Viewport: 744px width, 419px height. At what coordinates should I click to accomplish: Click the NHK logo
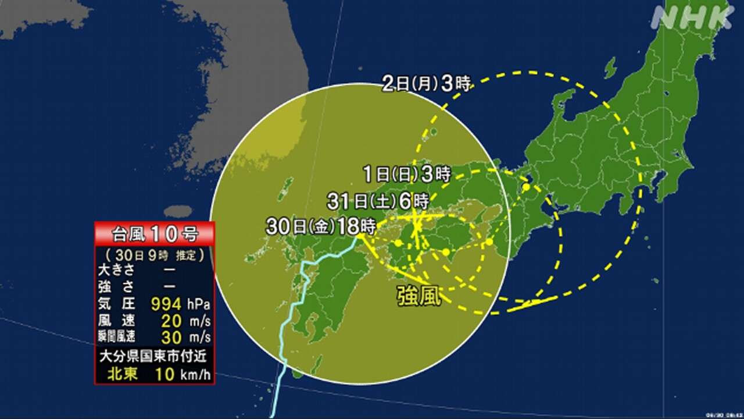click(692, 17)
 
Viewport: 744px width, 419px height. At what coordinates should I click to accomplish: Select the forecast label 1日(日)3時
click(406, 173)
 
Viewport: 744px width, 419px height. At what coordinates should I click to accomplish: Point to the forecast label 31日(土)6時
click(377, 202)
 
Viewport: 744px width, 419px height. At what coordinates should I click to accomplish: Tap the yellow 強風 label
click(419, 297)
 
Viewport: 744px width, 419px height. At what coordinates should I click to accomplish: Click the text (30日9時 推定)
click(155, 255)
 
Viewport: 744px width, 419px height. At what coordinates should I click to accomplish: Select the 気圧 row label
click(119, 304)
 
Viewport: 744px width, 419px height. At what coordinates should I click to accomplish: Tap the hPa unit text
click(198, 304)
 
